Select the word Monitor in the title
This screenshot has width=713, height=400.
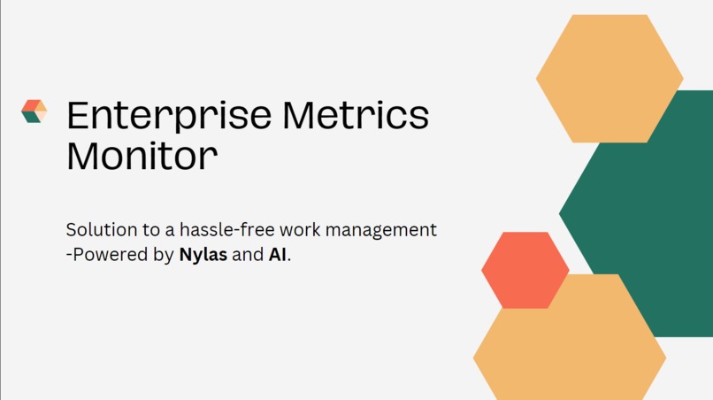pos(142,157)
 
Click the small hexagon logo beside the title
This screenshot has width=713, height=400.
pos(34,111)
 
